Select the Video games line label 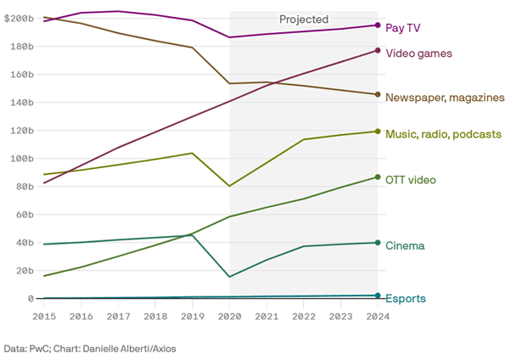[x=419, y=53]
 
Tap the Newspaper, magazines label [x=445, y=98]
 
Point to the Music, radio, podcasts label [x=442, y=134]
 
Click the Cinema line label [x=405, y=245]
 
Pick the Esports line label [x=406, y=298]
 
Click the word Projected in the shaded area [x=304, y=19]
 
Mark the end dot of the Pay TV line [x=378, y=25]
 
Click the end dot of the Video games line [x=378, y=51]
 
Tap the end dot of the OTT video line [x=378, y=177]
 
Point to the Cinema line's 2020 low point [x=229, y=277]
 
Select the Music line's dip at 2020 [x=229, y=186]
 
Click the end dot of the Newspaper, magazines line [x=378, y=94]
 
